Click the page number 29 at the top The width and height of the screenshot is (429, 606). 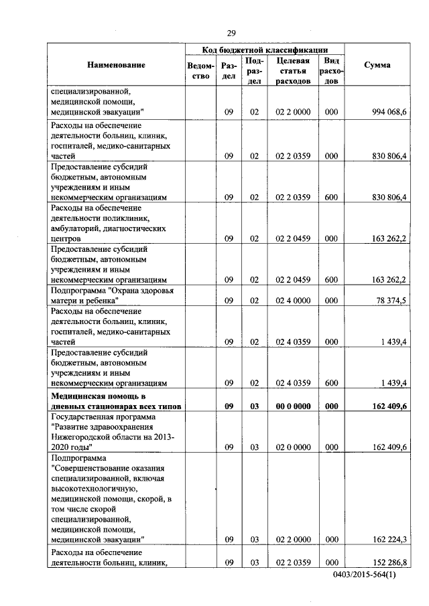click(x=231, y=33)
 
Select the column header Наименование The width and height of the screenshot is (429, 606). click(x=115, y=65)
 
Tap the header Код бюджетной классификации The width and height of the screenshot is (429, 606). click(x=265, y=50)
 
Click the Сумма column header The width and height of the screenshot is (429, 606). click(x=377, y=65)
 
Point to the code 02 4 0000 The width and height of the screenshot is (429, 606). click(x=292, y=301)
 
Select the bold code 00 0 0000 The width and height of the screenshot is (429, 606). click(x=292, y=406)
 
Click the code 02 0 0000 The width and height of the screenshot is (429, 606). click(x=292, y=446)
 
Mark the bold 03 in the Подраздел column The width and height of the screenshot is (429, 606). click(x=254, y=406)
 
